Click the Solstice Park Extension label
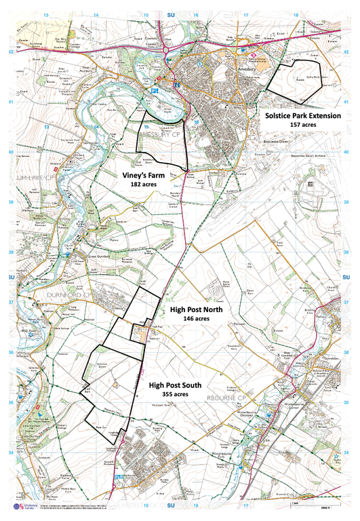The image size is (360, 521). click(303, 115)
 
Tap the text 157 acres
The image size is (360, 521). click(303, 125)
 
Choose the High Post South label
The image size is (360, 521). click(175, 385)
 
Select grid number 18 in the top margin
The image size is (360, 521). click(296, 14)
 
